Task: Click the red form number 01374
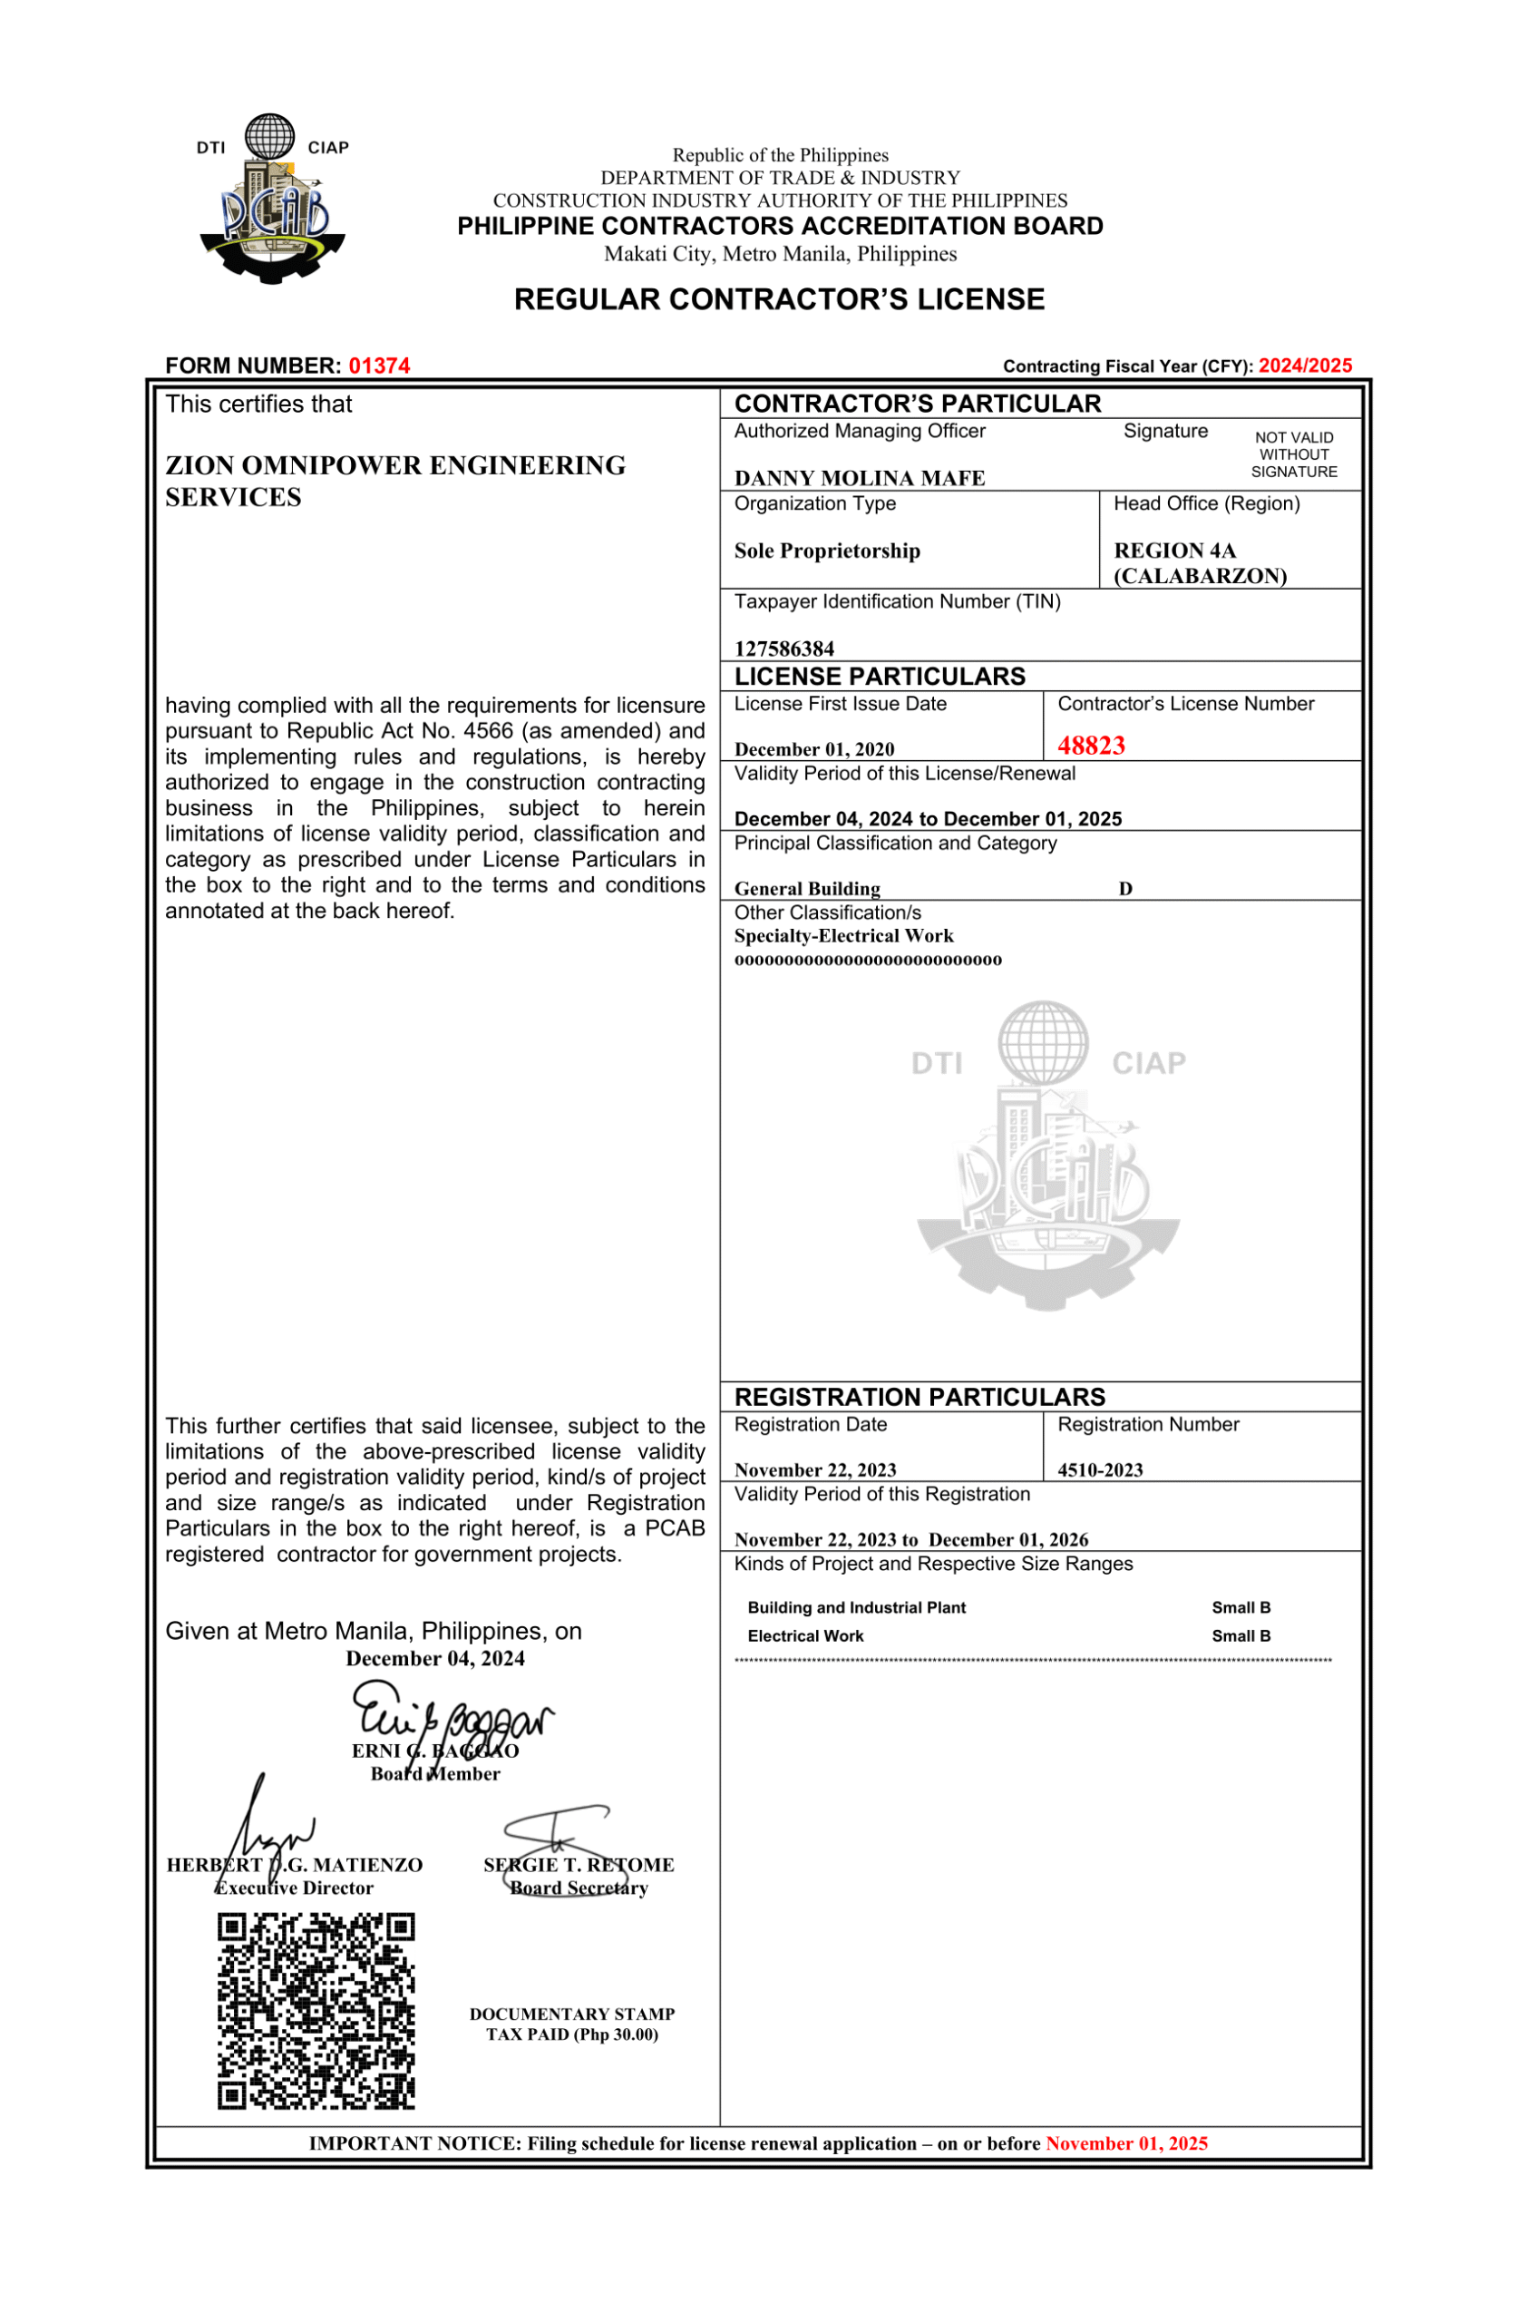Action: click(378, 366)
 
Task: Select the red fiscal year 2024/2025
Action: click(1304, 366)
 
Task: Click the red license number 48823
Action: click(1091, 746)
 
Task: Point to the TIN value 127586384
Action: click(783, 649)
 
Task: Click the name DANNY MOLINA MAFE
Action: click(859, 478)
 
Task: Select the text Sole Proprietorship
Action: click(826, 551)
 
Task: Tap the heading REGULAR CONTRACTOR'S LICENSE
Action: click(779, 299)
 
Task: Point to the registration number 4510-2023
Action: click(1099, 1470)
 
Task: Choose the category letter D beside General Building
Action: click(1124, 889)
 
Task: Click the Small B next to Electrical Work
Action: click(1240, 1636)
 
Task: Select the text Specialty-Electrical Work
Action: click(843, 937)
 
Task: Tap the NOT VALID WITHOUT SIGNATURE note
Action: click(1294, 454)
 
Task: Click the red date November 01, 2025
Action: click(1126, 2143)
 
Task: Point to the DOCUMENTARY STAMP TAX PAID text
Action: click(571, 2024)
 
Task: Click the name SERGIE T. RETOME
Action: click(579, 1866)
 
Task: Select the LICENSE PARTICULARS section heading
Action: click(879, 677)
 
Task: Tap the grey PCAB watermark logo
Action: click(1047, 1156)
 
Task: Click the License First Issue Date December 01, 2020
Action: click(813, 749)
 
